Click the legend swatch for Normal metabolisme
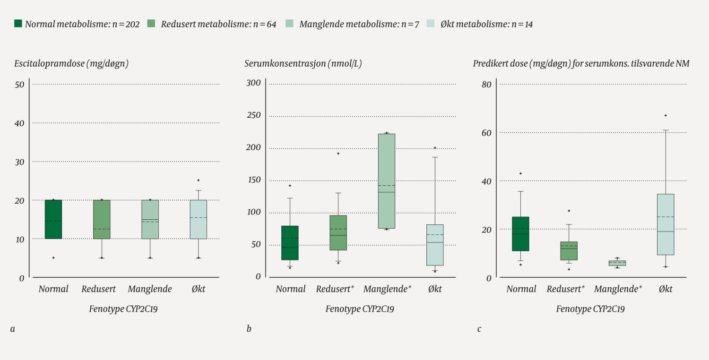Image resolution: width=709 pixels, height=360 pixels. (x=18, y=24)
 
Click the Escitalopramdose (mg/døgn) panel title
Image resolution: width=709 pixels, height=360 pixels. (x=71, y=64)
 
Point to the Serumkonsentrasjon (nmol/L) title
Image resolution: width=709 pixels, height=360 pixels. (x=303, y=64)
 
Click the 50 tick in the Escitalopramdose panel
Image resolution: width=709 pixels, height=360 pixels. (x=19, y=85)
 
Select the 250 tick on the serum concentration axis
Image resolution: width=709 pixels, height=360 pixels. (x=254, y=115)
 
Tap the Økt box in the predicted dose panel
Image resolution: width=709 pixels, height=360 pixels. (x=665, y=224)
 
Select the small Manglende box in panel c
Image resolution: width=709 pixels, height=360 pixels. (x=617, y=263)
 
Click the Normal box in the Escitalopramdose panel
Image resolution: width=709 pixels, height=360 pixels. (x=53, y=219)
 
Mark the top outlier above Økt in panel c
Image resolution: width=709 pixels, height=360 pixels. (x=666, y=115)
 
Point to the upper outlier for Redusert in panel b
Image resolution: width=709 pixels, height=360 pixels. (x=338, y=154)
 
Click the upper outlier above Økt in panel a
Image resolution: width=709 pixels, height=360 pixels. (x=198, y=180)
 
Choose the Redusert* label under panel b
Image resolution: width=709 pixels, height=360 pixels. (x=335, y=289)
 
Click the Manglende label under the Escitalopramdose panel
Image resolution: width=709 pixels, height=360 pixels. (x=149, y=289)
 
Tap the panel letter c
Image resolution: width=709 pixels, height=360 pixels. (x=479, y=329)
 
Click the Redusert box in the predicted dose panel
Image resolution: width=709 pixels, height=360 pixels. (x=569, y=250)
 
